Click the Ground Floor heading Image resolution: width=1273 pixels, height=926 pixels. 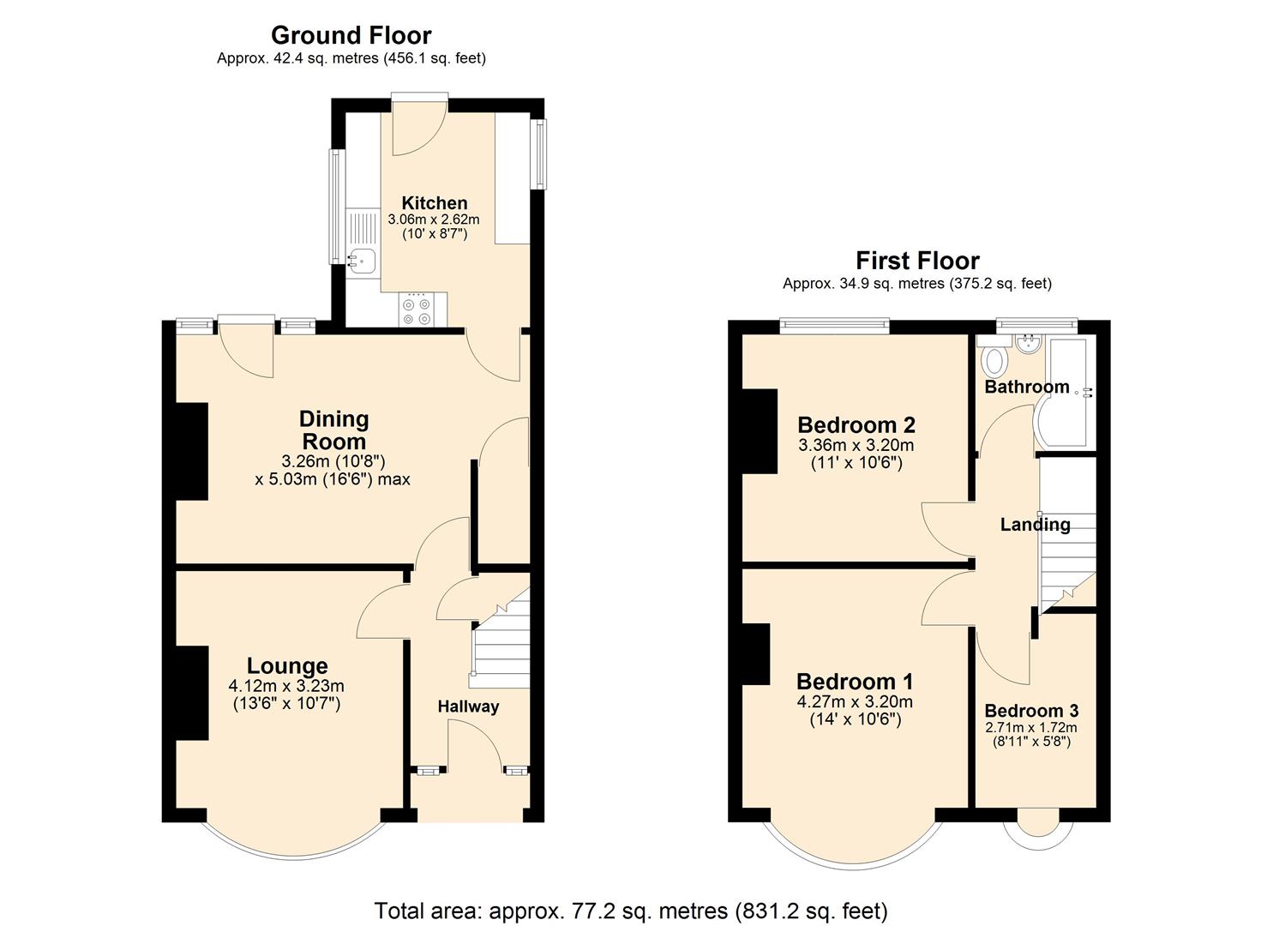[x=351, y=35]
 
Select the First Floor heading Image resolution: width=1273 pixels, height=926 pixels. [x=917, y=261]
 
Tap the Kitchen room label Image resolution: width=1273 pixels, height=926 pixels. [x=435, y=203]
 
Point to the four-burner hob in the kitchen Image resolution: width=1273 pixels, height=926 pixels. [x=417, y=310]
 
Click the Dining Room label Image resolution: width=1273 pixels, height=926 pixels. [x=333, y=430]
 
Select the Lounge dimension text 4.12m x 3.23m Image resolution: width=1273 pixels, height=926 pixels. [x=286, y=686]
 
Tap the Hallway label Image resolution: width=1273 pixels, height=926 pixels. [x=468, y=707]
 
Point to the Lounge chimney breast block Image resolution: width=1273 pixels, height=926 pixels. [x=192, y=693]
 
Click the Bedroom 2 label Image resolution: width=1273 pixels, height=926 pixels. [x=856, y=425]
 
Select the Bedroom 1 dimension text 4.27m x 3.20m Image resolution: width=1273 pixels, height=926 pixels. [x=855, y=701]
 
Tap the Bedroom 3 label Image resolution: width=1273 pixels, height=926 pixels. [x=1031, y=711]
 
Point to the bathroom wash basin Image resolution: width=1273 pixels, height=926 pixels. [x=1027, y=344]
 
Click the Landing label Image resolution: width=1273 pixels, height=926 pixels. [x=1035, y=525]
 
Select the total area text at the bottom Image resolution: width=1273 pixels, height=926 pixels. [x=631, y=911]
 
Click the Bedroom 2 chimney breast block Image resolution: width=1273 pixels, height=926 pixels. [x=760, y=431]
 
